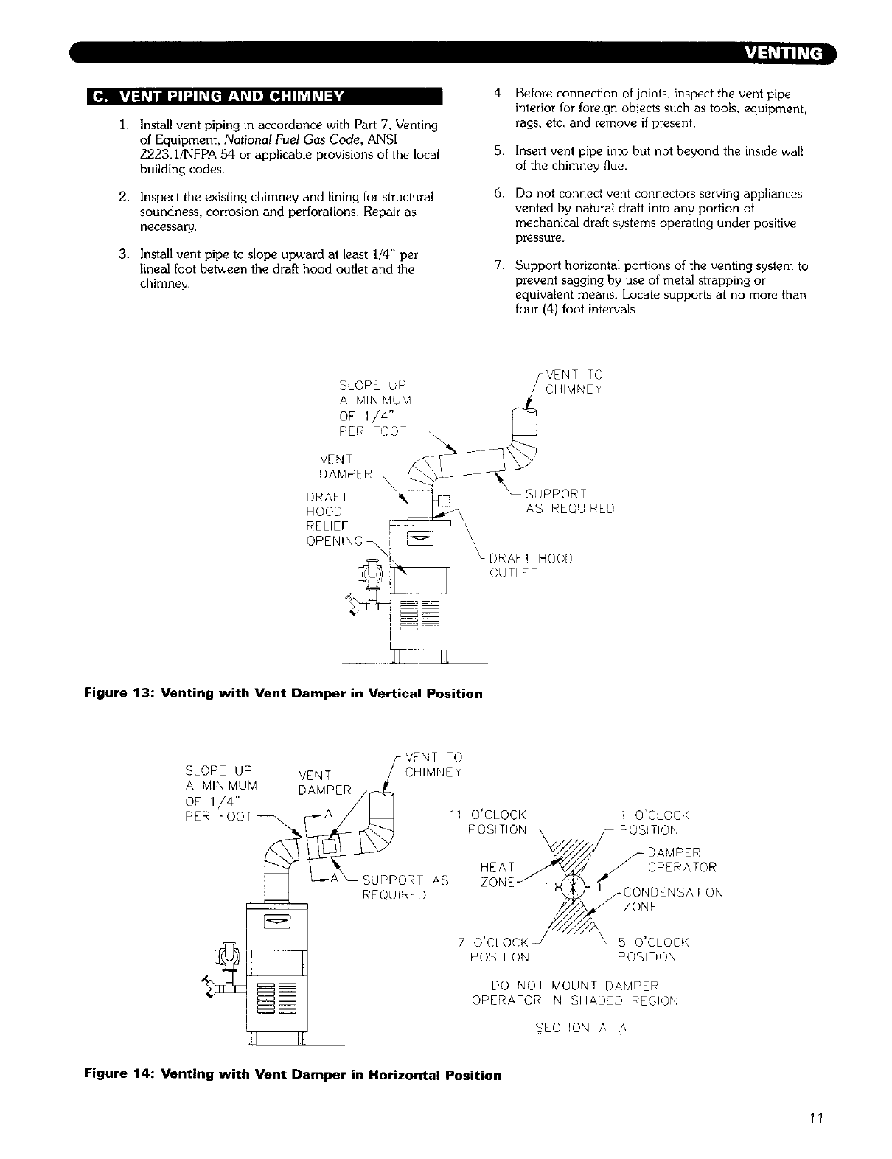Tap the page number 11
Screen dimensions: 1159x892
(813, 1116)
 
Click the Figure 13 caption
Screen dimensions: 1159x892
(284, 694)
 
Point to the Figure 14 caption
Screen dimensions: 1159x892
(293, 1075)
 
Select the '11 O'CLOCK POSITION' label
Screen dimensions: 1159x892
(489, 822)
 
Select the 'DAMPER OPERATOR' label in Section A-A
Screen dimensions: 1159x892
(680, 860)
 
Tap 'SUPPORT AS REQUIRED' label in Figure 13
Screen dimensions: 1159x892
(568, 501)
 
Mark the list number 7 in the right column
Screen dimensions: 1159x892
(499, 265)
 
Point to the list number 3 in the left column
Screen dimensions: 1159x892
(123, 254)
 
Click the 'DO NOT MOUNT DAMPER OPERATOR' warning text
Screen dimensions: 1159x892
(575, 993)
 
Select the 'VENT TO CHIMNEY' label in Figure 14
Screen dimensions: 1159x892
(433, 765)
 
